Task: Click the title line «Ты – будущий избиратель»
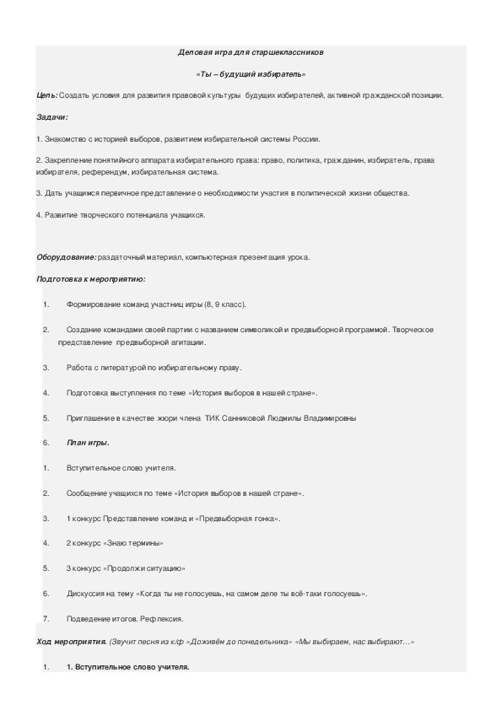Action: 251,74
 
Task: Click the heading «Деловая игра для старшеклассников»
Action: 251,52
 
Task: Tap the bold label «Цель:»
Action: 48,95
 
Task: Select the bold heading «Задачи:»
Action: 53,116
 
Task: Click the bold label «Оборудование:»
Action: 66,257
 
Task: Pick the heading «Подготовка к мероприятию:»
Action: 91,278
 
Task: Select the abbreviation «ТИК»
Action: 213,417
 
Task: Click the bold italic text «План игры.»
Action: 88,442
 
